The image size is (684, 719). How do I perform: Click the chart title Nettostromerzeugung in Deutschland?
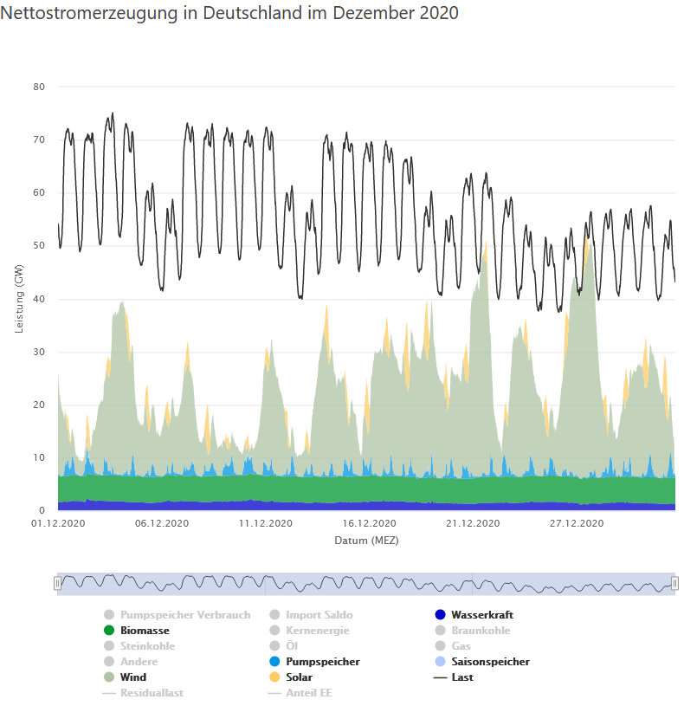(229, 13)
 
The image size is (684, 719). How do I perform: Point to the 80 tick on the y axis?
(39, 87)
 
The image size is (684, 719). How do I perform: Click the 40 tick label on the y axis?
(39, 299)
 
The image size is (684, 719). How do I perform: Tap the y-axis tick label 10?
(39, 457)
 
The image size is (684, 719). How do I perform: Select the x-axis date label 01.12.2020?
(59, 523)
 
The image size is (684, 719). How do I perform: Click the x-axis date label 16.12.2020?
(369, 523)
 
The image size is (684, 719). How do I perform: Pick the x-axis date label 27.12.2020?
(577, 523)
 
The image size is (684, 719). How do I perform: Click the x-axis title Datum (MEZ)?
(366, 540)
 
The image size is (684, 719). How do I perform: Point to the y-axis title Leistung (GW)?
(19, 299)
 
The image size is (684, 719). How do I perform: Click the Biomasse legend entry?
(145, 631)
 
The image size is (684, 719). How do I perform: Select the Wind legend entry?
(133, 677)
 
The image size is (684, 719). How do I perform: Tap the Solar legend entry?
(299, 677)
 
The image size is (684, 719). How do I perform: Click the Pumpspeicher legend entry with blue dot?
(322, 662)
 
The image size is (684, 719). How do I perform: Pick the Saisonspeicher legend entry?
(490, 662)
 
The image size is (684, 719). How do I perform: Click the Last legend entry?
(462, 677)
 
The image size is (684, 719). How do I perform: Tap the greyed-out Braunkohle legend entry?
(481, 631)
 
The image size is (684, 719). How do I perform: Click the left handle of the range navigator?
(58, 584)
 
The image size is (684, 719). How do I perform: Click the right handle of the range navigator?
(674, 584)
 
